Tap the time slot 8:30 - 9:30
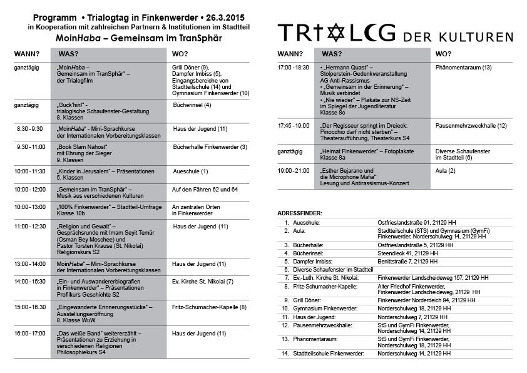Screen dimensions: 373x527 click(29, 128)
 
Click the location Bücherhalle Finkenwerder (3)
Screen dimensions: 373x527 click(210, 147)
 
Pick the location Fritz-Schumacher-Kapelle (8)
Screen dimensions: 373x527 click(209, 307)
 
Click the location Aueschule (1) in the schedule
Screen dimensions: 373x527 click(190, 171)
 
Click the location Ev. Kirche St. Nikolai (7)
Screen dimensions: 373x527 click(202, 282)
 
